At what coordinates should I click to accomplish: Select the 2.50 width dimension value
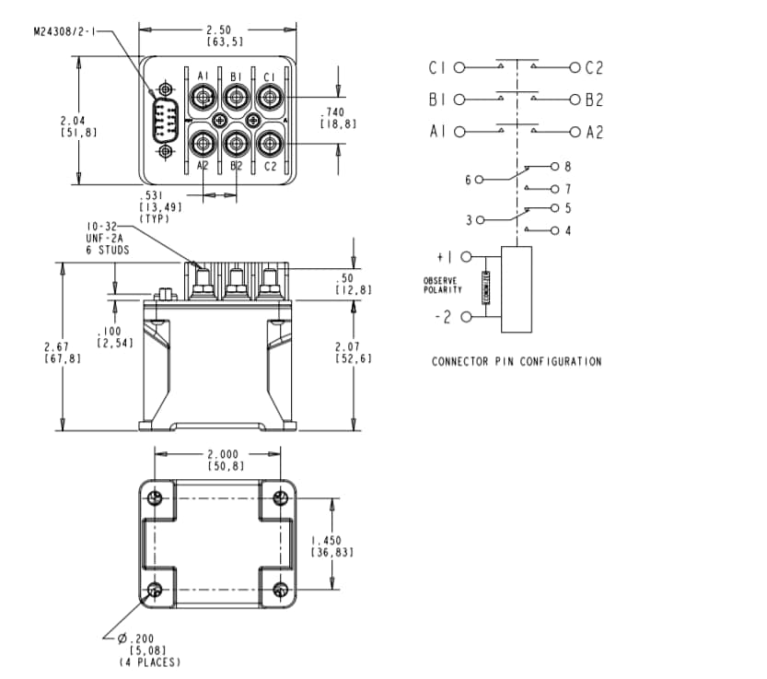click(x=218, y=29)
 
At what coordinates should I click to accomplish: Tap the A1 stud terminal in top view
click(x=203, y=96)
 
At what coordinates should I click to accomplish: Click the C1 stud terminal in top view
click(x=269, y=96)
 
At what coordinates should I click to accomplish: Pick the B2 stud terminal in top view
click(x=237, y=143)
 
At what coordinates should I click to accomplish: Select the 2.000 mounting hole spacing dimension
click(x=218, y=454)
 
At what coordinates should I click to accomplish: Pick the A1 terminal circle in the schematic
click(x=459, y=132)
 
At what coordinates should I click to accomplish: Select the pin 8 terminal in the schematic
click(x=554, y=166)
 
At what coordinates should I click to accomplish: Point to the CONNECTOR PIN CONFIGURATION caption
click(x=517, y=361)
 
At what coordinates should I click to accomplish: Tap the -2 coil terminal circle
click(x=465, y=317)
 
